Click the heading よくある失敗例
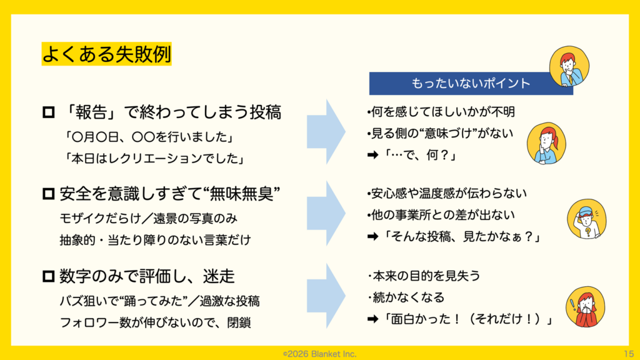click(106, 54)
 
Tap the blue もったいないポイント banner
click(470, 83)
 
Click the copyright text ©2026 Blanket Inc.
click(319, 354)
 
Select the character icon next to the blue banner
click(567, 68)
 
